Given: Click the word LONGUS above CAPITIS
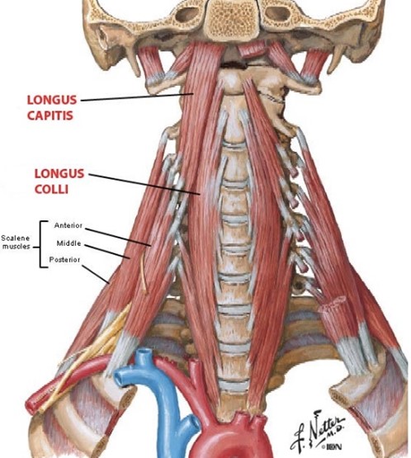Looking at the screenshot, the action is coord(52,100).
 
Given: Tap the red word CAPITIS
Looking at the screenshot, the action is coord(50,116).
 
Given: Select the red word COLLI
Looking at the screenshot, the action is coord(51,189).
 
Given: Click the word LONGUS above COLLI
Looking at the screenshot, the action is coord(59,174).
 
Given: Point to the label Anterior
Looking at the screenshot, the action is coord(68,225).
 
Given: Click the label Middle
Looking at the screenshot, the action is coord(68,243).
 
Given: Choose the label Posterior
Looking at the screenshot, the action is coord(64,259).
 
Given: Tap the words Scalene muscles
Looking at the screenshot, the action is coord(16,242).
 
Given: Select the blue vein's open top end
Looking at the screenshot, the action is coord(143,353).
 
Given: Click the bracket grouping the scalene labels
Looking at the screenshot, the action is coord(40,244).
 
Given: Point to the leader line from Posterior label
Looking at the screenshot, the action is coord(96,274).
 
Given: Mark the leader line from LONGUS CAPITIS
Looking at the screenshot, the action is coord(137,97).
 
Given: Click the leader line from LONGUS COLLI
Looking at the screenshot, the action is coord(144,184).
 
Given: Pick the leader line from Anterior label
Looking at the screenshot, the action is coord(118,237).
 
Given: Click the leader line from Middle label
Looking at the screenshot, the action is coord(107,252).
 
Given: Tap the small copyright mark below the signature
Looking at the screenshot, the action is coord(323,447).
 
